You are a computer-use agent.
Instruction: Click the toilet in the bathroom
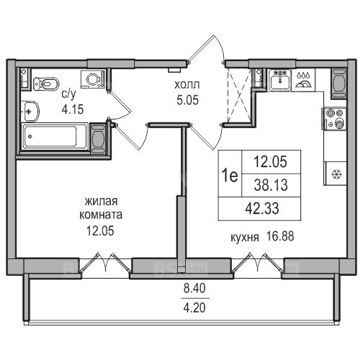coord(46,84)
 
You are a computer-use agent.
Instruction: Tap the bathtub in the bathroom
coord(55,136)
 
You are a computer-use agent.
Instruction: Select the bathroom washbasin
coord(30,112)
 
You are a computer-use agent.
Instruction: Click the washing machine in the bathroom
coord(93,79)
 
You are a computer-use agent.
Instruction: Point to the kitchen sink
coord(279,80)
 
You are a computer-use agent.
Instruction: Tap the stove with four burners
coord(335,119)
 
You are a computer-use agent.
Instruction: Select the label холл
coord(187,85)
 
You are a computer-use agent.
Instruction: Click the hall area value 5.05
coord(187,100)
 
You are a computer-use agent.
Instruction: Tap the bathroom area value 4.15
coord(73,109)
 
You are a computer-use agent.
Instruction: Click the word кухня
coord(245,238)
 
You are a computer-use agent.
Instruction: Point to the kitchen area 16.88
coord(280,236)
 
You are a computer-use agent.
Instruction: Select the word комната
coord(101,215)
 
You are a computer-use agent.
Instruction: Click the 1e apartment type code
coord(230,175)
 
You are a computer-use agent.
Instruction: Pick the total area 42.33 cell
coord(262,208)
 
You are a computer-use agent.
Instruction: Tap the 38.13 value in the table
coord(271,185)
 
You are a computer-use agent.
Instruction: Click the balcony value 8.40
coord(194,288)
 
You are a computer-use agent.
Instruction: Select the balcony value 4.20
coord(194,307)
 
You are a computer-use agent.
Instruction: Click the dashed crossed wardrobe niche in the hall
coord(238,95)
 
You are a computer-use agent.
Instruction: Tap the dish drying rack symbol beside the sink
coord(304,80)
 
